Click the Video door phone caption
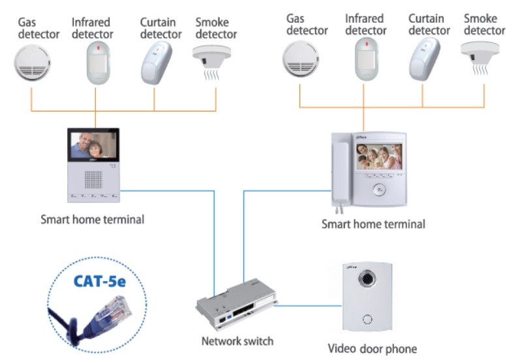(372, 348)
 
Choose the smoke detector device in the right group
(481, 56)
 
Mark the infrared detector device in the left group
(95, 63)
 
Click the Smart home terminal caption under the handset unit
(373, 224)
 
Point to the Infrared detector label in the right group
(366, 25)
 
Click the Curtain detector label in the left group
(160, 28)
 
